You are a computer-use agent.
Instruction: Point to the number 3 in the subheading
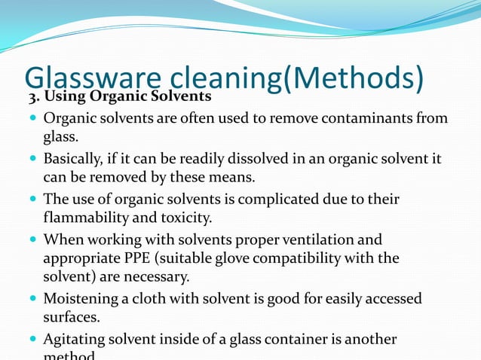click(x=32, y=98)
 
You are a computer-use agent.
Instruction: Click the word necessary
click(x=158, y=277)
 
